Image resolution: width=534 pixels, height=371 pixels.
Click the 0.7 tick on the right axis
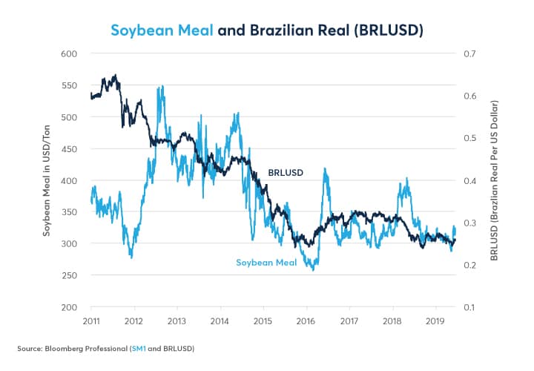point(470,54)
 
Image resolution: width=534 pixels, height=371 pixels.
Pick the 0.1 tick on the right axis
point(470,307)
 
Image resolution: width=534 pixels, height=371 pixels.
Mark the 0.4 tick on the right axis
point(470,181)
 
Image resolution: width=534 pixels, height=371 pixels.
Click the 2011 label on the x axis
point(91,321)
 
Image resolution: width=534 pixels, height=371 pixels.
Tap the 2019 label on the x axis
point(435,321)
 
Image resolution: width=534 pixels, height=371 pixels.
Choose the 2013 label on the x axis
point(177,321)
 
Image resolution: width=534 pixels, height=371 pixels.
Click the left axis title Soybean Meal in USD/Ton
point(46,181)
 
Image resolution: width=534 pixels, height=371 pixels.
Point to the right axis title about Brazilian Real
point(494,180)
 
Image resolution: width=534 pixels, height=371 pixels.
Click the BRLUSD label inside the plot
point(285,172)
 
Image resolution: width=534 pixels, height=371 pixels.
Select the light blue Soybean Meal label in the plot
point(266,262)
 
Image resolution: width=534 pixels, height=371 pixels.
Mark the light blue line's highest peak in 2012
point(160,88)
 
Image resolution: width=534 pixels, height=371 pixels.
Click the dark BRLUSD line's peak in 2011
point(115,75)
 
